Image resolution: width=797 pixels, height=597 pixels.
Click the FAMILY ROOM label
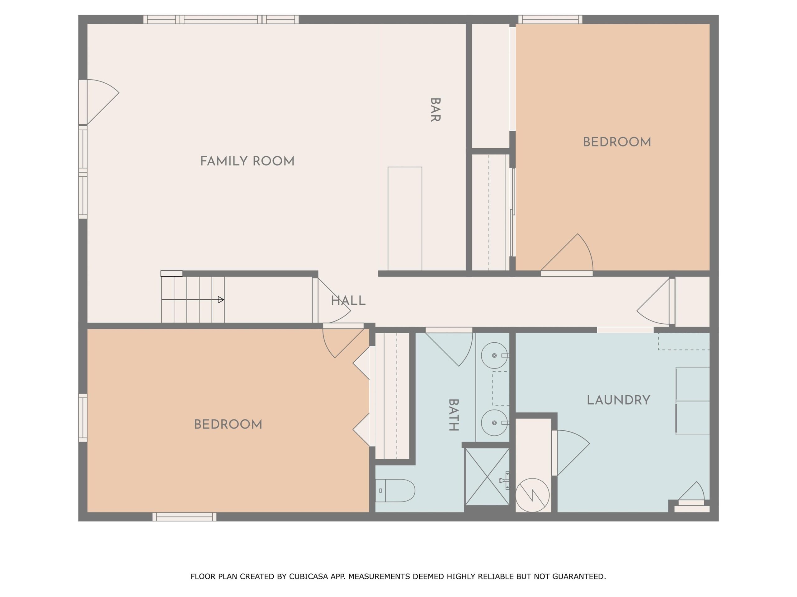pyautogui.click(x=247, y=161)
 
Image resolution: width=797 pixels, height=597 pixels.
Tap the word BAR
pyautogui.click(x=435, y=110)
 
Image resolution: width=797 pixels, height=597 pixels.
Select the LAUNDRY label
pyautogui.click(x=618, y=400)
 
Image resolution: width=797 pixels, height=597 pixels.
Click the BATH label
pyautogui.click(x=453, y=415)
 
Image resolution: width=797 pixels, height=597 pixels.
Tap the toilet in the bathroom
pyautogui.click(x=395, y=490)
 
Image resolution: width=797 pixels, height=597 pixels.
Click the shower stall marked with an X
pyautogui.click(x=487, y=476)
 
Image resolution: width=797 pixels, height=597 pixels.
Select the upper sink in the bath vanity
pyautogui.click(x=494, y=355)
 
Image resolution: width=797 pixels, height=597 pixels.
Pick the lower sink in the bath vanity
pyautogui.click(x=494, y=423)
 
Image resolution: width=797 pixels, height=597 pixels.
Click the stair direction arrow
pyautogui.click(x=193, y=300)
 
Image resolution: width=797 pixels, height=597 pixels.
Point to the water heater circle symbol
pyautogui.click(x=532, y=495)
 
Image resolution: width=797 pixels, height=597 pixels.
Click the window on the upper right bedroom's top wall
pyautogui.click(x=550, y=19)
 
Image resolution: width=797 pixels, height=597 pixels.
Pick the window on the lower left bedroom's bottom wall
pyautogui.click(x=185, y=517)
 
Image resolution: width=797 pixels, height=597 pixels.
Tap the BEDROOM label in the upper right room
pyautogui.click(x=617, y=142)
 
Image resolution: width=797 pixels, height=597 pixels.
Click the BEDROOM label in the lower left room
pyautogui.click(x=228, y=425)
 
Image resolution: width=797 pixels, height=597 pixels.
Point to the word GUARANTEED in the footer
pyautogui.click(x=579, y=576)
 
